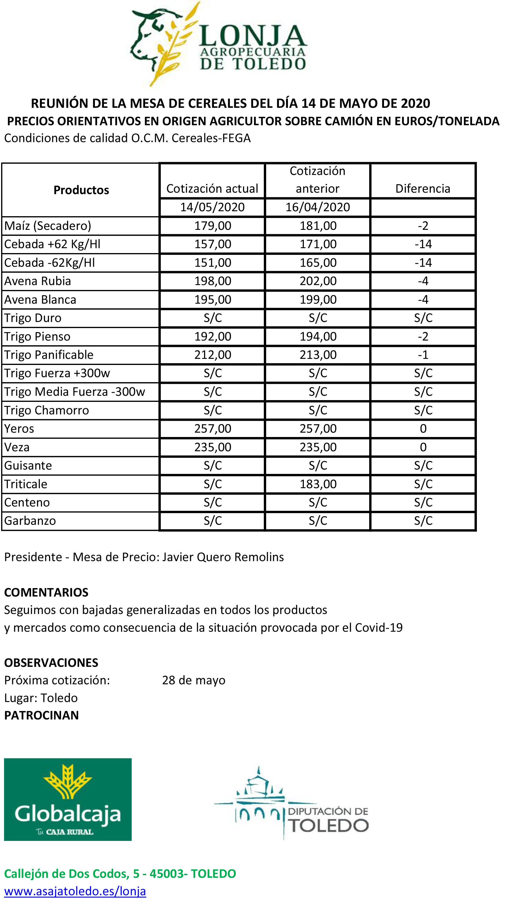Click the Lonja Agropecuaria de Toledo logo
click(x=219, y=44)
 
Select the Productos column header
click(x=81, y=190)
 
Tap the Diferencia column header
click(x=423, y=189)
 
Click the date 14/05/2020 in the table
click(x=212, y=207)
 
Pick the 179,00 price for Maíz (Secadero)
click(x=213, y=226)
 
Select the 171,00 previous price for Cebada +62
click(x=318, y=244)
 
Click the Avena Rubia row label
click(x=38, y=281)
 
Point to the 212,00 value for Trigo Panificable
click(x=213, y=354)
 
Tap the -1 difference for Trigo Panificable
click(x=423, y=354)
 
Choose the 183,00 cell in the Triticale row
click(x=318, y=484)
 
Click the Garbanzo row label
click(x=30, y=521)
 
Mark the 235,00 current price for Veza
click(x=213, y=447)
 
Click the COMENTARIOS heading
click(x=46, y=592)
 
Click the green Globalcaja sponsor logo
click(x=68, y=799)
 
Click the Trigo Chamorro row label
click(x=46, y=410)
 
